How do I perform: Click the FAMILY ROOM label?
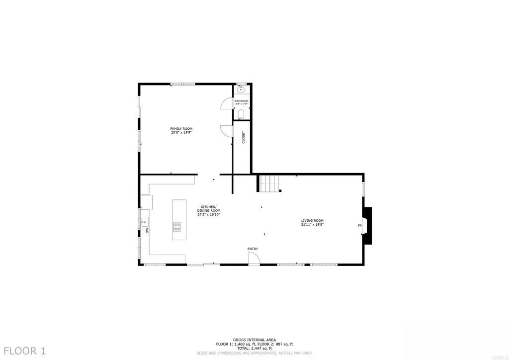(x=181, y=129)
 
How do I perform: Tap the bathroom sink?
(x=241, y=90)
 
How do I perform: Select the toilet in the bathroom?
(x=241, y=114)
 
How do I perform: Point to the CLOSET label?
(x=243, y=137)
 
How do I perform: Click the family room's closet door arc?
(x=226, y=131)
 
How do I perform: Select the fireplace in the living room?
(x=367, y=225)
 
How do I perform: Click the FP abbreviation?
(x=359, y=226)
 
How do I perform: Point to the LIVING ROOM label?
(x=312, y=220)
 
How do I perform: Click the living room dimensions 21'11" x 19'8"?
(x=312, y=224)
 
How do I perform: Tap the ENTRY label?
(x=253, y=249)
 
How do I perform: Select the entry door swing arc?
(x=254, y=258)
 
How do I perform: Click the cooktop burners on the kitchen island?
(x=177, y=226)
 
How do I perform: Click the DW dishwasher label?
(x=147, y=231)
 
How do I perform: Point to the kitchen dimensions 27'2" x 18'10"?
(x=209, y=215)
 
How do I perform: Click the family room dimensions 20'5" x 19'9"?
(x=181, y=133)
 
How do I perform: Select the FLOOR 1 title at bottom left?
(x=23, y=351)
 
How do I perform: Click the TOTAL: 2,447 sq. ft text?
(x=254, y=348)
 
